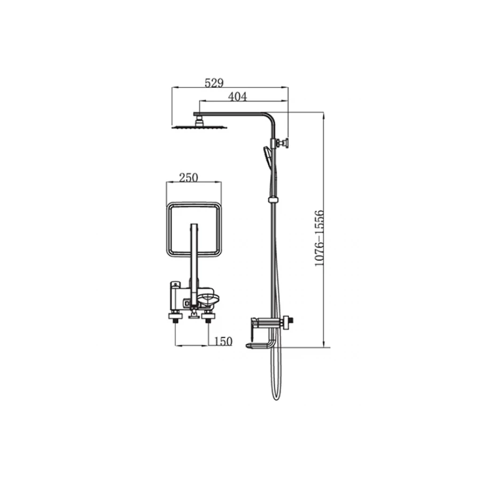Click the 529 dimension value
[x=214, y=83]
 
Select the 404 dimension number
[x=237, y=97]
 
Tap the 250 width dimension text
[x=189, y=177]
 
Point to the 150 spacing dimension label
[x=223, y=341]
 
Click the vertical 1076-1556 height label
[x=320, y=238]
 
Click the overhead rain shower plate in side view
[x=199, y=126]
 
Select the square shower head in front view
[x=194, y=229]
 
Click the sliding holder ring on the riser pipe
[x=273, y=200]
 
